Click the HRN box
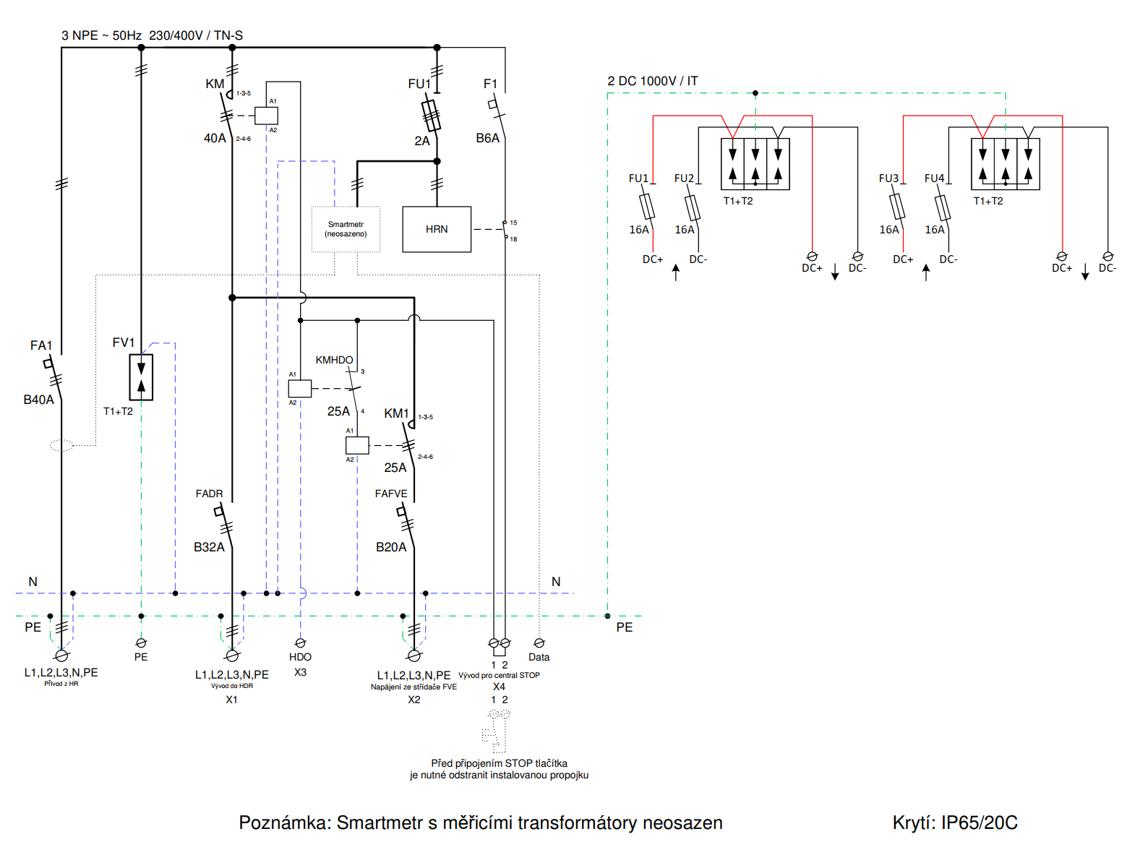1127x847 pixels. tap(437, 229)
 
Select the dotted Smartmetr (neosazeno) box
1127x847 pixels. tap(346, 229)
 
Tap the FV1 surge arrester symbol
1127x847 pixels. tap(141, 377)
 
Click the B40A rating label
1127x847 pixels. tap(38, 400)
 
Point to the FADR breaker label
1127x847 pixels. tap(209, 494)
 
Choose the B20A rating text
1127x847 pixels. tap(391, 547)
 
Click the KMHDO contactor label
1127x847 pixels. tap(334, 360)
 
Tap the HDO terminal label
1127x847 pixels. tap(300, 657)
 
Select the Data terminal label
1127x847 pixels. tap(539, 657)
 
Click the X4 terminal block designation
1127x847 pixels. tap(499, 687)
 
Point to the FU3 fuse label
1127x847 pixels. tap(888, 179)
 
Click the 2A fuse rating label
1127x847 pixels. tap(422, 141)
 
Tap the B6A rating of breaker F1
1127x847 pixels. tap(487, 138)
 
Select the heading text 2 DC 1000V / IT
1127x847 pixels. tap(652, 81)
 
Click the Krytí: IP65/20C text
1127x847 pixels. tap(954, 822)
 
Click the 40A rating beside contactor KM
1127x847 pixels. tap(215, 138)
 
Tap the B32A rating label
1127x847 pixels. tap(209, 547)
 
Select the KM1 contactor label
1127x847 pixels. tap(396, 413)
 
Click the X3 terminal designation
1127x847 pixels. tap(300, 672)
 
